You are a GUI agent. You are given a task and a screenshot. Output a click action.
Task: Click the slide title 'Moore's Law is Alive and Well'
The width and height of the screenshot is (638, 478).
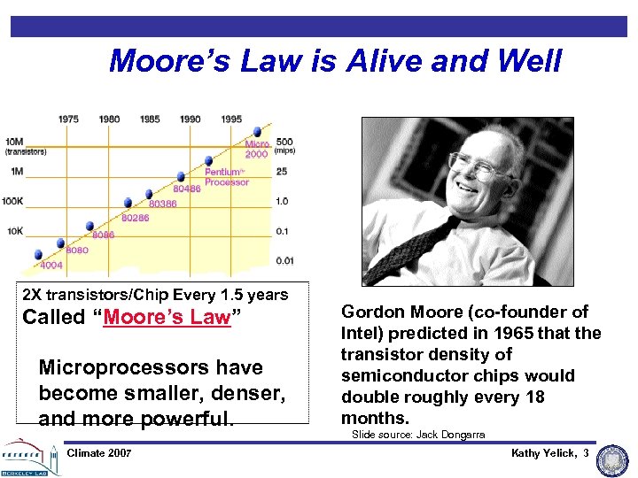[335, 61]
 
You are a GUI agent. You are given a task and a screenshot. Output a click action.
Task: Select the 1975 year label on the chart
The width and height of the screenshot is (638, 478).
[68, 119]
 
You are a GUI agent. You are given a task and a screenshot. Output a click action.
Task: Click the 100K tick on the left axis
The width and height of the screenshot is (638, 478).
[14, 201]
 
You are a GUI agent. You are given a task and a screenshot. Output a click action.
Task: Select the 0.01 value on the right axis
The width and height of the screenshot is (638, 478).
[284, 260]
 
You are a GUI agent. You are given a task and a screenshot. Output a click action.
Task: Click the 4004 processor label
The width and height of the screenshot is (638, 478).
[51, 264]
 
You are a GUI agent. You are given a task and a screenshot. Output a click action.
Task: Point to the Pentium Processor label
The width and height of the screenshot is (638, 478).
[227, 177]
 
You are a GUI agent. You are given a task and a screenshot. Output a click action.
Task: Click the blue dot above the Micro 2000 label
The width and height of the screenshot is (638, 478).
[257, 130]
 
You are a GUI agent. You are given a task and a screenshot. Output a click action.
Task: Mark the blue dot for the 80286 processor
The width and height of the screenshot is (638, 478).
[128, 203]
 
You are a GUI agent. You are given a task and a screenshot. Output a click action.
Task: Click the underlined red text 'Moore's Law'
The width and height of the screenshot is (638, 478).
[167, 318]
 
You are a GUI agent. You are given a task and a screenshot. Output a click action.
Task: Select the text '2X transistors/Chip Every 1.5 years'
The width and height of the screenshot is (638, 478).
[155, 295]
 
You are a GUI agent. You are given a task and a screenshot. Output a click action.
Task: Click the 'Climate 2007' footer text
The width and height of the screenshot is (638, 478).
[99, 453]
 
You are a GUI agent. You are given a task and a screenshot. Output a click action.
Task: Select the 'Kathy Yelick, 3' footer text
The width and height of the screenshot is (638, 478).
[549, 453]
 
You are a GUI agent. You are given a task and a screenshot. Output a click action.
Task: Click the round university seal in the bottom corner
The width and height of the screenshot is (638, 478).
[612, 461]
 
